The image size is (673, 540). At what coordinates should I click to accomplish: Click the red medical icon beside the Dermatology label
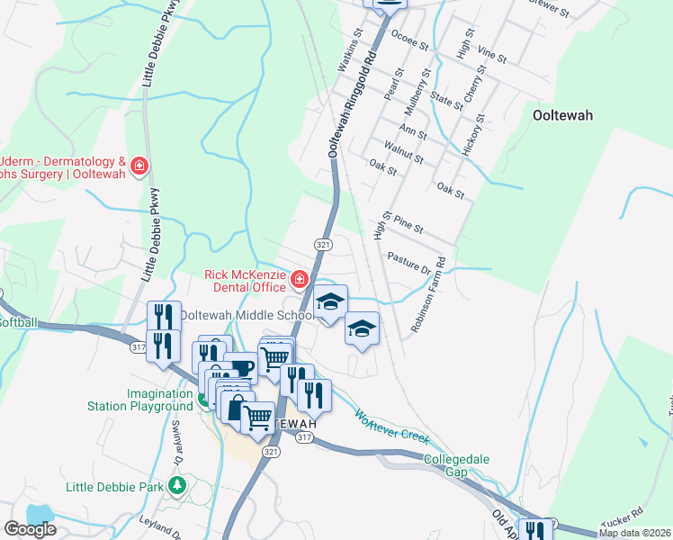click(139, 166)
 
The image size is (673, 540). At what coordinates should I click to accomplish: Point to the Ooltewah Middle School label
click(245, 315)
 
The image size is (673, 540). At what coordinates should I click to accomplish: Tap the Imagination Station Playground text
click(159, 400)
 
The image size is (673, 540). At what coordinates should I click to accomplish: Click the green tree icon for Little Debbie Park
click(177, 487)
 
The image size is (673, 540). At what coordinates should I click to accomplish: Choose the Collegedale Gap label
click(457, 465)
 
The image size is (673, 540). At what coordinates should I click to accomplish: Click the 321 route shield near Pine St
click(323, 245)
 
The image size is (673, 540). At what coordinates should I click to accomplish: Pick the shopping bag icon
click(236, 407)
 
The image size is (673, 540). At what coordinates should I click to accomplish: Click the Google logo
click(30, 529)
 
